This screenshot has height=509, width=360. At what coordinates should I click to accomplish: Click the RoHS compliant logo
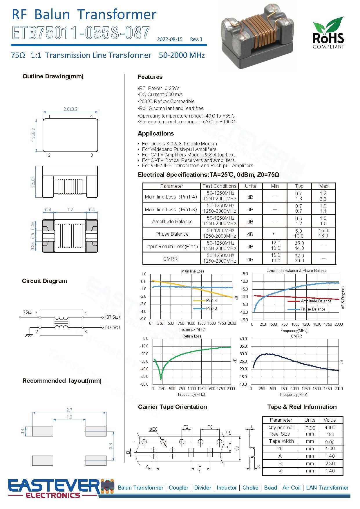point(328,33)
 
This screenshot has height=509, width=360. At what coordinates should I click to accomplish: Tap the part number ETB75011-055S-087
point(81,33)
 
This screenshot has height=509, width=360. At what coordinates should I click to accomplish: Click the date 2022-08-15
point(170,39)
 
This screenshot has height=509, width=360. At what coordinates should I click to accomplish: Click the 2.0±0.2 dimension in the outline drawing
point(70,109)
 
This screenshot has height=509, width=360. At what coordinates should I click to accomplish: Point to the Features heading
point(150,77)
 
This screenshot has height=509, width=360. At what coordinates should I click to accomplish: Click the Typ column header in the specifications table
point(299,186)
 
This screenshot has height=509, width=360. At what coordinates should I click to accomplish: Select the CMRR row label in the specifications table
point(170,259)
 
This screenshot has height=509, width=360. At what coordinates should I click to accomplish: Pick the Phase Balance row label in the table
point(172,234)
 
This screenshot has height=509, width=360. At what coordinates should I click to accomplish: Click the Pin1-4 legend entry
point(211,301)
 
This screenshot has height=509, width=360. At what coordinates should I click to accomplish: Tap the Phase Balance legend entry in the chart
point(312,309)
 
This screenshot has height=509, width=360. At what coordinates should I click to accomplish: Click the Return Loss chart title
point(192,336)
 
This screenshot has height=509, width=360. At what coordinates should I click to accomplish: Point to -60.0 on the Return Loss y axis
point(144,384)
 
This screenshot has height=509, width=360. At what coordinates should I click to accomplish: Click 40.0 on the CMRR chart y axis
point(243,339)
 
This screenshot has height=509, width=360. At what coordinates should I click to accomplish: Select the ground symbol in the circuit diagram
point(28,335)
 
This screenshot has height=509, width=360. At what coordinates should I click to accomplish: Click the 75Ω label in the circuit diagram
point(27,312)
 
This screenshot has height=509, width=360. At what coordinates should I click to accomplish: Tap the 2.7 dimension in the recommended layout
point(69,410)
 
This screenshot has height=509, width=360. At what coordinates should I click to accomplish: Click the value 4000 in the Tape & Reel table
point(330,427)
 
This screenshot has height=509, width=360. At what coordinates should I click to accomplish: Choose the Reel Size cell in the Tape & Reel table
point(280,434)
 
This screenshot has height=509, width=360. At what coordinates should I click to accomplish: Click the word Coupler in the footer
point(178,488)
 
